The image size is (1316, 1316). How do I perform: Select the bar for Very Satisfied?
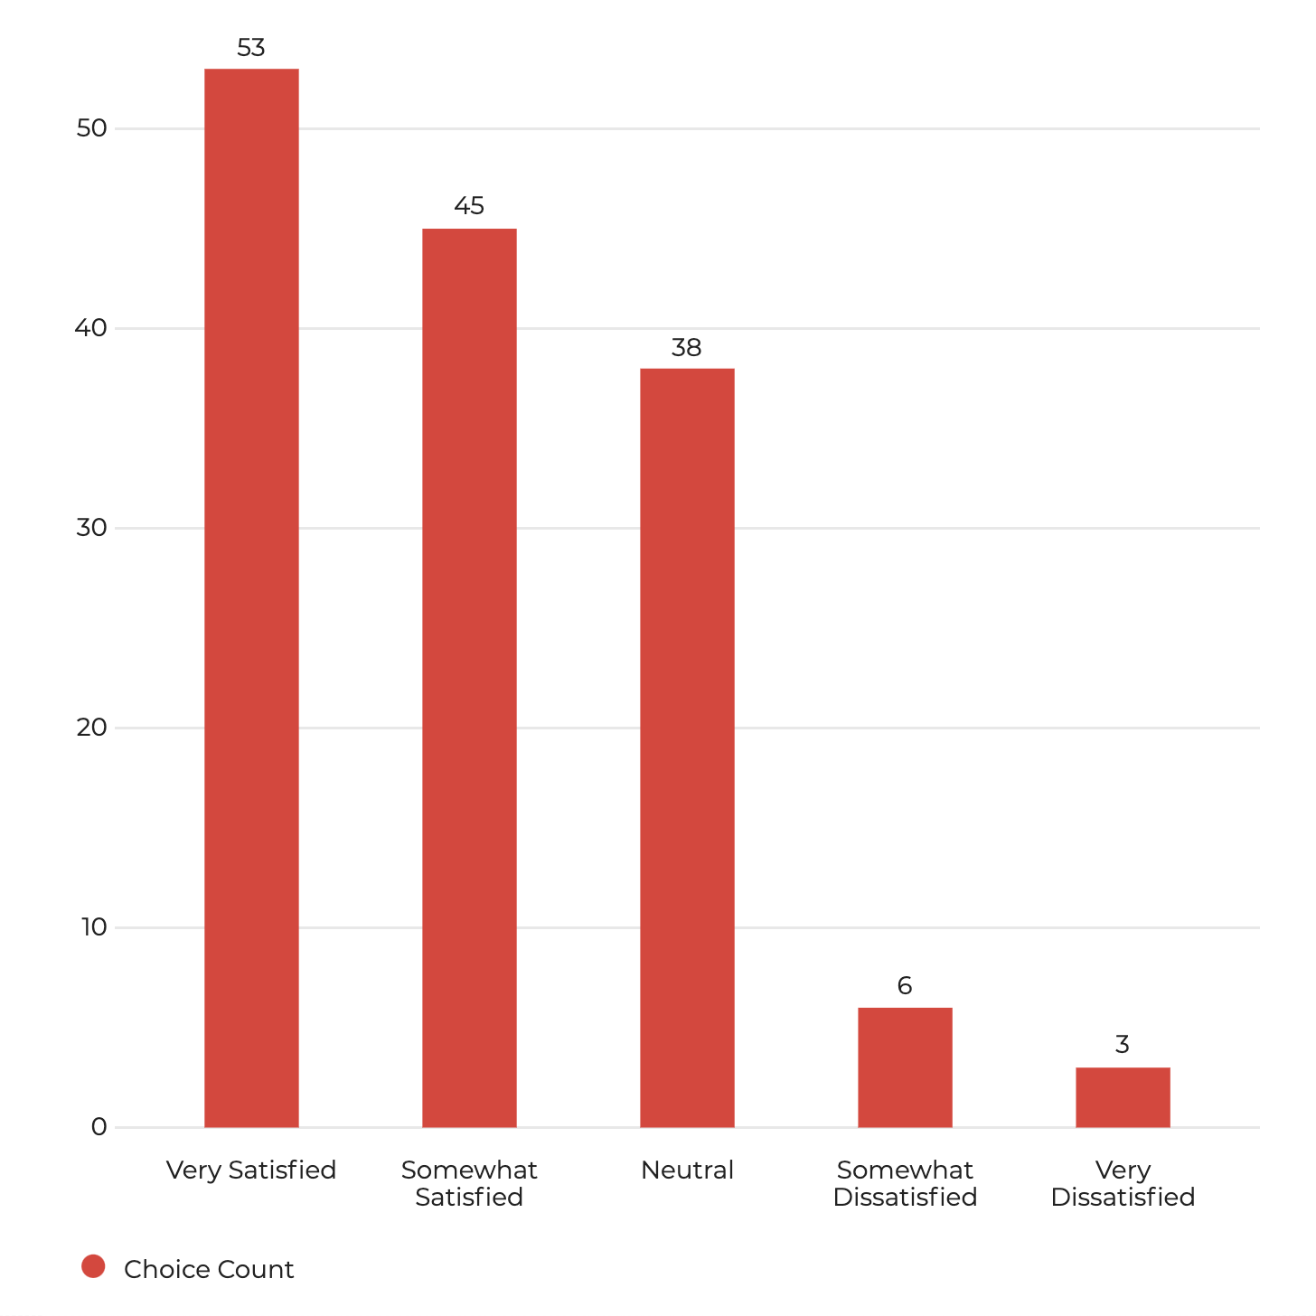pos(251,597)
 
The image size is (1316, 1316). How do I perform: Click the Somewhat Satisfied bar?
pos(469,678)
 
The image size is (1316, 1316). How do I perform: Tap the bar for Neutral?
pos(687,747)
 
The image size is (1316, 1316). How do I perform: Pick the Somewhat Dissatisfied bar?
pos(905,1067)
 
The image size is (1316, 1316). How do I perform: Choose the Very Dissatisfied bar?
pos(1123,1097)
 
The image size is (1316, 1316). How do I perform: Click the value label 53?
pos(251,48)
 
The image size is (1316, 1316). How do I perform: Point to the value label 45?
pos(469,207)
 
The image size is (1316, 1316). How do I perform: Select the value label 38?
pos(687,348)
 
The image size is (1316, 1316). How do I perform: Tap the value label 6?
pos(905,986)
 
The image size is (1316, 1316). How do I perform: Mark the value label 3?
pos(1123,1045)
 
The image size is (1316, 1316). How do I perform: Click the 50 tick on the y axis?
pos(92,128)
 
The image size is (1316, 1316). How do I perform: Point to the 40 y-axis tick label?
pos(91,328)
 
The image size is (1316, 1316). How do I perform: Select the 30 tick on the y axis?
pos(92,528)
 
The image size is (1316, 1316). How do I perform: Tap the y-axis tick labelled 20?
pos(92,728)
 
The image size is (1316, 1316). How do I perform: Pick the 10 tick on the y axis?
pos(94,927)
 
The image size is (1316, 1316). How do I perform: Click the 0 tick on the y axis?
pos(99,1127)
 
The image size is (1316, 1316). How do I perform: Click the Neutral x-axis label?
pos(687,1170)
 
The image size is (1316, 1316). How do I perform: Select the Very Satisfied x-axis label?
pos(251,1170)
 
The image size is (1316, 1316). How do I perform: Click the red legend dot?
pos(93,1267)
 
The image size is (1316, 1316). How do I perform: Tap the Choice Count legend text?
pos(209,1270)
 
